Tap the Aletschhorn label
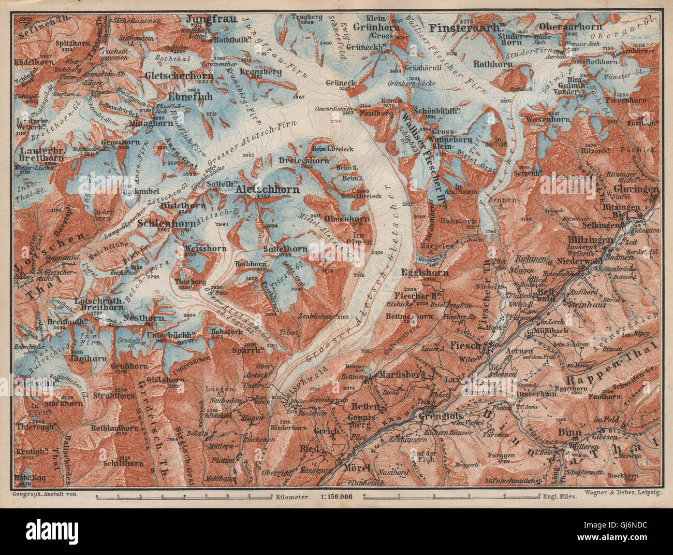[267, 190]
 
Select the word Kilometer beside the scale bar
[291, 496]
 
